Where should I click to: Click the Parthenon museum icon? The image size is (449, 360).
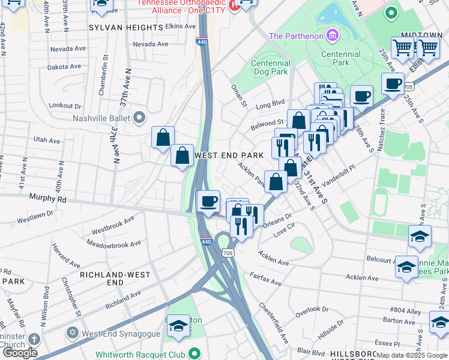click(332, 37)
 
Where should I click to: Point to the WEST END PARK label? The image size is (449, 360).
click(230, 155)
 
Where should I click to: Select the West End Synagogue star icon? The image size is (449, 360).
click(73, 332)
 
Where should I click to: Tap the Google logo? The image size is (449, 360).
click(20, 353)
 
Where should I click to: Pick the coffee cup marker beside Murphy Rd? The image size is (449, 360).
click(208, 201)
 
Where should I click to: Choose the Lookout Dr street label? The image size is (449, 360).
click(65, 106)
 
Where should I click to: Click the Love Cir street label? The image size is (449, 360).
click(285, 228)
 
